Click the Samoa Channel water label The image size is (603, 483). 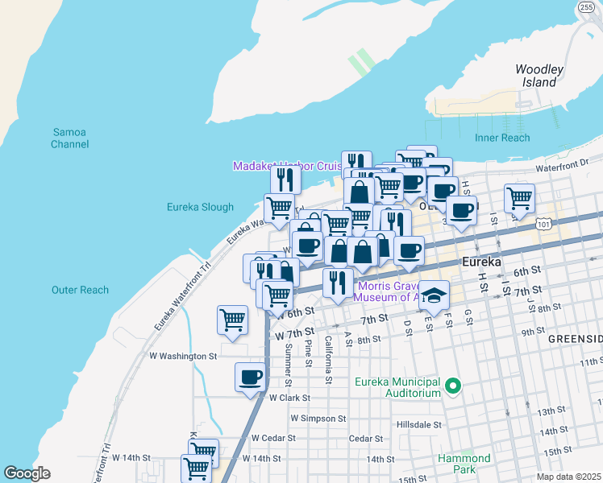click(x=69, y=138)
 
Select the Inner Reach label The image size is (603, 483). click(x=502, y=138)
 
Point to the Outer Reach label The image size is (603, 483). click(x=80, y=290)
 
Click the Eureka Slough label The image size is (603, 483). click(x=200, y=207)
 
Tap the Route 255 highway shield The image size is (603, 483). click(x=586, y=7)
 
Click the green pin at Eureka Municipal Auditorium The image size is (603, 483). click(x=453, y=387)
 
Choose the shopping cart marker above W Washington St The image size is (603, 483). click(x=233, y=320)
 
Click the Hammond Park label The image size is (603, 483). click(x=464, y=464)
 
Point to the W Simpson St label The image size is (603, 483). click(x=318, y=419)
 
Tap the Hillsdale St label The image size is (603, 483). click(x=419, y=424)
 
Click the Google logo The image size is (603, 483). click(x=27, y=473)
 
